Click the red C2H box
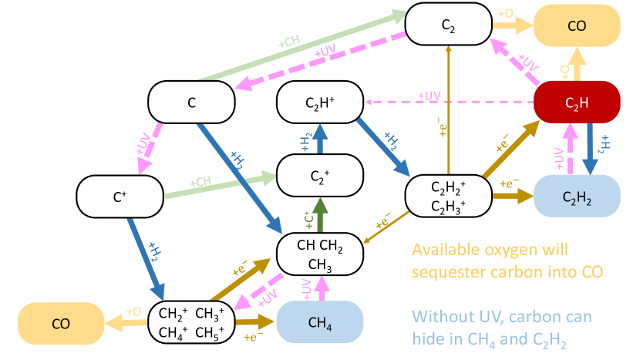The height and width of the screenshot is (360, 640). (577, 103)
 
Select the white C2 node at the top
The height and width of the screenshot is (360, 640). (448, 25)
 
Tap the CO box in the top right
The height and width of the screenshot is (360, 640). (577, 25)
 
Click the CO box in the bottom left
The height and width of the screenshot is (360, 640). (60, 324)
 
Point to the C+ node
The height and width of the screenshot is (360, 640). (120, 197)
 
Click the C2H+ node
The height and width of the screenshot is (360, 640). (320, 103)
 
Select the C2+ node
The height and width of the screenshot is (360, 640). (320, 175)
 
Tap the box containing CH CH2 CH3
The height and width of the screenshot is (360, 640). (320, 255)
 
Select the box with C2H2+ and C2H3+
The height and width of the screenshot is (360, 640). (448, 196)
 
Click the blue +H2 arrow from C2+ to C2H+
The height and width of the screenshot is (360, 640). (320, 139)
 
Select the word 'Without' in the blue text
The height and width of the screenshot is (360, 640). (438, 316)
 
